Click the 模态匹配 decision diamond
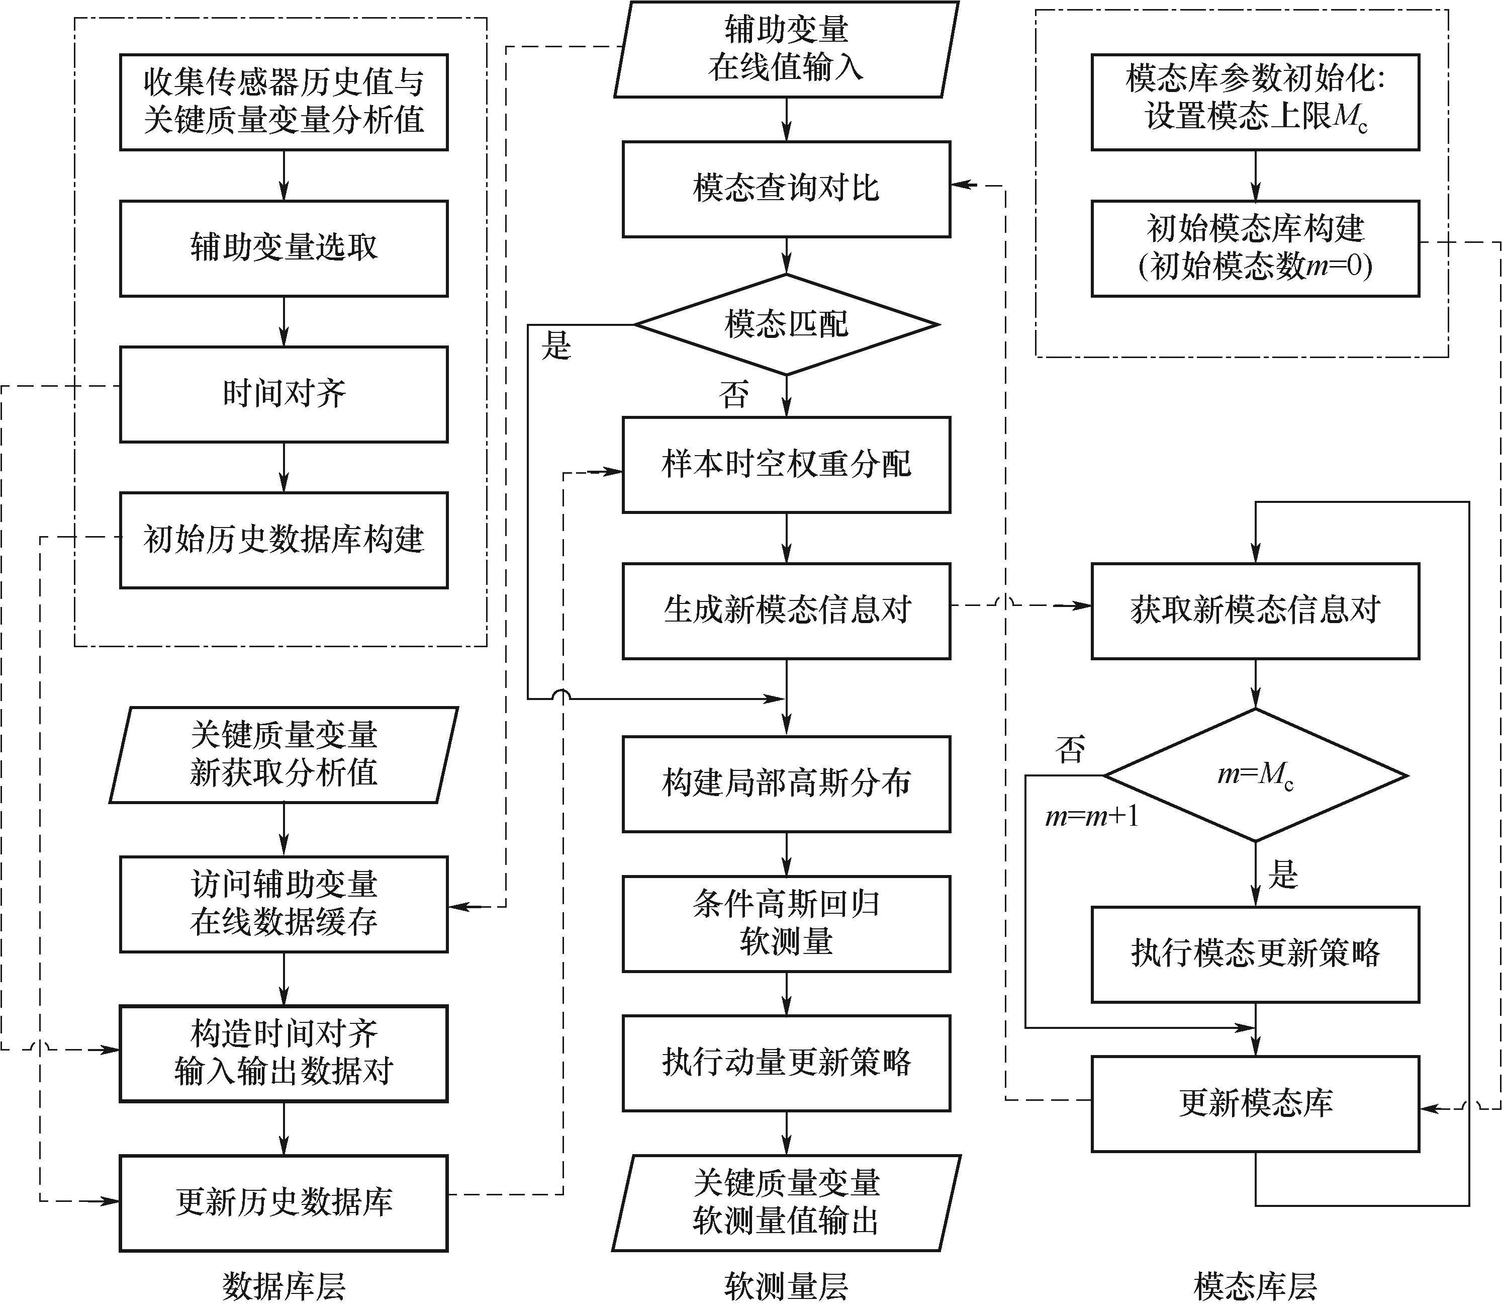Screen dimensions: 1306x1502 click(786, 324)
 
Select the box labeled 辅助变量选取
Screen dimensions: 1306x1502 click(284, 248)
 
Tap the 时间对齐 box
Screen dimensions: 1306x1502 click(284, 394)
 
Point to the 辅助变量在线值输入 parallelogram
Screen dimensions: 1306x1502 click(786, 49)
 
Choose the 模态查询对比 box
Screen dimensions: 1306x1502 click(786, 189)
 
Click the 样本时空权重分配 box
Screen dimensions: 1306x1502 click(786, 464)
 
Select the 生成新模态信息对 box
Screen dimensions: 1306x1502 click(786, 611)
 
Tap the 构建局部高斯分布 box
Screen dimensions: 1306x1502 click(786, 783)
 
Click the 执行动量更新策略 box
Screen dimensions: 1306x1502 click(786, 1063)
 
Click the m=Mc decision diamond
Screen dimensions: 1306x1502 click(1255, 775)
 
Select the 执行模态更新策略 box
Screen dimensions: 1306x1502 click(1255, 954)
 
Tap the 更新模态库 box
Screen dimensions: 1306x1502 click(1255, 1103)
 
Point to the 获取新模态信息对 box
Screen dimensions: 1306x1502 click(1255, 611)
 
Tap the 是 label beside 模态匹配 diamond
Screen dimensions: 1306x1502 click(556, 346)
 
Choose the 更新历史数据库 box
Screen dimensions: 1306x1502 click(284, 1202)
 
